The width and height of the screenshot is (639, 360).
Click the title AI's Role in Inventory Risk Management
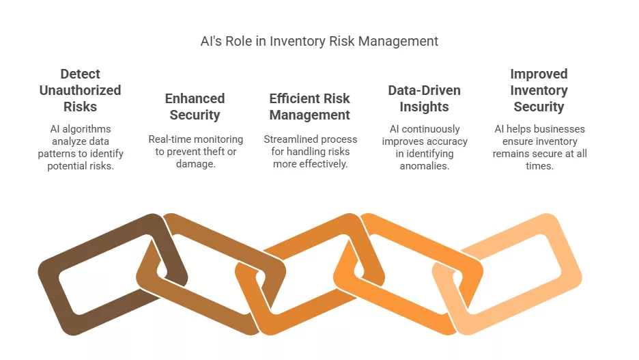pyautogui.click(x=319, y=41)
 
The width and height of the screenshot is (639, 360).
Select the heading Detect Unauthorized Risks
pyautogui.click(x=80, y=90)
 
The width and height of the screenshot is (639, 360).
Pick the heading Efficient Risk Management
pyautogui.click(x=310, y=107)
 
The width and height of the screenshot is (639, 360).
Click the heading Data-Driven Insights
pyautogui.click(x=424, y=98)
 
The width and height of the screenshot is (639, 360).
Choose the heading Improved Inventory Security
pyautogui.click(x=539, y=90)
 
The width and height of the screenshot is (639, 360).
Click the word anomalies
pyautogui.click(x=424, y=166)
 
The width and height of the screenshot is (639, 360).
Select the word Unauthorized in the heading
pyautogui.click(x=80, y=90)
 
